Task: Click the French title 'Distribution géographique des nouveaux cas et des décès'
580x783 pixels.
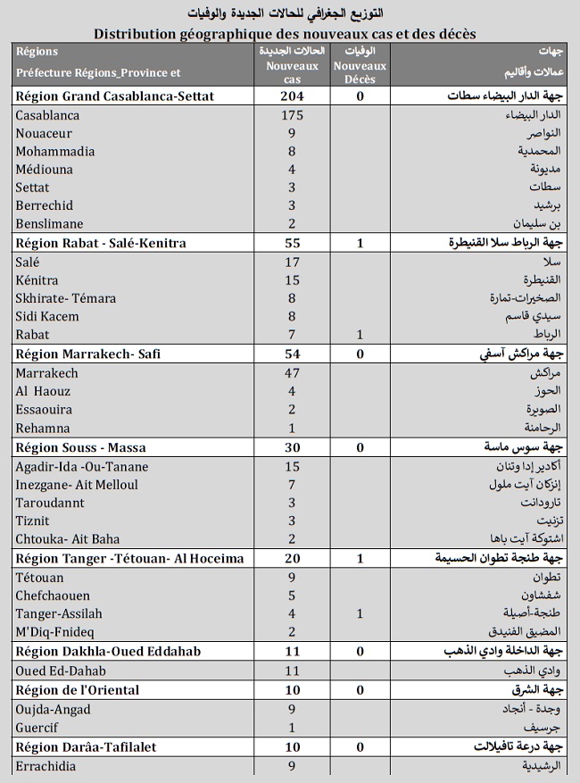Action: pos(285,34)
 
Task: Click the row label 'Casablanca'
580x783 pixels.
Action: pos(47,115)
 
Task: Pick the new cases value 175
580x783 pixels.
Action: pos(291,115)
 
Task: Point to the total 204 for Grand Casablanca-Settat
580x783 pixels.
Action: pos(291,96)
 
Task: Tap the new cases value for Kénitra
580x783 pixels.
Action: pos(291,280)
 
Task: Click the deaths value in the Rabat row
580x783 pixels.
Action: pos(360,335)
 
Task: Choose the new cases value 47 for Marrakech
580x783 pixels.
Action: pos(291,372)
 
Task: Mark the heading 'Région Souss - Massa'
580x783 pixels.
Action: pos(80,446)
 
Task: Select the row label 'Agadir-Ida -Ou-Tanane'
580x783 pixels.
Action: pos(82,466)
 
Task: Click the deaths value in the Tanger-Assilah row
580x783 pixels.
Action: pos(360,613)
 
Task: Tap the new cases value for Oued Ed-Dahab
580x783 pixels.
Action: pos(291,671)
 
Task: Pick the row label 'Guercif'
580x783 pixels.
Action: pos(37,728)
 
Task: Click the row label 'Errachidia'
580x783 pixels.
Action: pos(48,765)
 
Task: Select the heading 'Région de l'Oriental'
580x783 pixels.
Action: pos(77,690)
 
